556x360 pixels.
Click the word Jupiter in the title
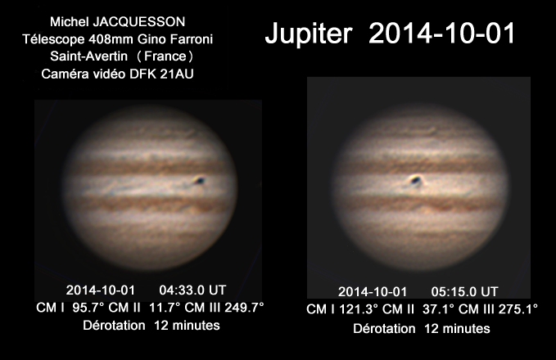[309, 34]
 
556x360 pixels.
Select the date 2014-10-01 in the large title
[442, 33]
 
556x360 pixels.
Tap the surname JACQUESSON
[139, 22]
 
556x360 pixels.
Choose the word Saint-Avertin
[88, 56]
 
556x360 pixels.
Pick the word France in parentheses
[165, 56]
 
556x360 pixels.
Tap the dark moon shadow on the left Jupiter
[201, 181]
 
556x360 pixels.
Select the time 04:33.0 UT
[192, 290]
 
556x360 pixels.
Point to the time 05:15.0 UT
[464, 291]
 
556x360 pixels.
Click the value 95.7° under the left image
[88, 307]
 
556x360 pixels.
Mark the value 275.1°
[518, 309]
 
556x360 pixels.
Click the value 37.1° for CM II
[438, 309]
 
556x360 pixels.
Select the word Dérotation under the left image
[114, 326]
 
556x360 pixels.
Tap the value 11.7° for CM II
[165, 307]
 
